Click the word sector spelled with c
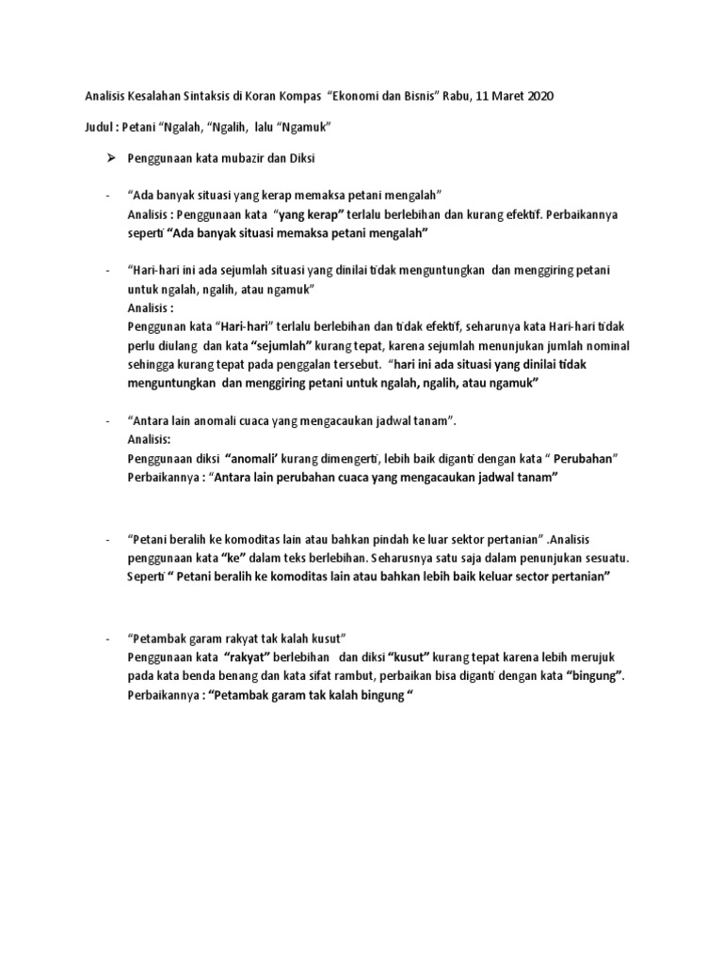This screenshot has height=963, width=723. click(x=507, y=576)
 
